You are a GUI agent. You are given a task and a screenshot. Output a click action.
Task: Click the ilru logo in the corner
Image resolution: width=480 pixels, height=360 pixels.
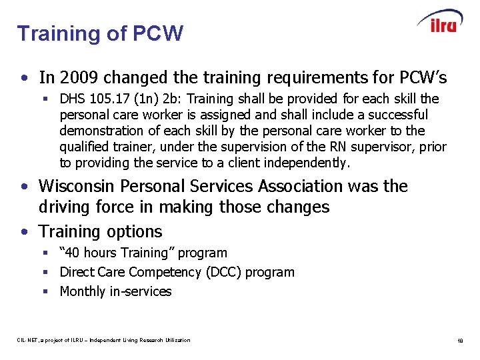(x=440, y=21)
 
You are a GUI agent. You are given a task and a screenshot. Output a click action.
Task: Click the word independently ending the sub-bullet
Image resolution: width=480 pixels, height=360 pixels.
(x=306, y=163)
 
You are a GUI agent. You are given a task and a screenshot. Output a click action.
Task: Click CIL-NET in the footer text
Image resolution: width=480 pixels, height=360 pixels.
(x=28, y=341)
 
